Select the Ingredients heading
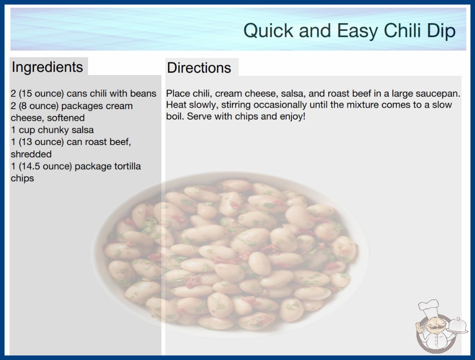pyautogui.click(x=47, y=67)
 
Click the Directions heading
pyautogui.click(x=199, y=68)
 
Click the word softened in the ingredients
pyautogui.click(x=66, y=118)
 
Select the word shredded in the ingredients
pyautogui.click(x=31, y=154)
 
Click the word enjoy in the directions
pyautogui.click(x=292, y=116)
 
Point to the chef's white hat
pyautogui.click(x=429, y=307)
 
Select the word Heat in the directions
pyautogui.click(x=176, y=105)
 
